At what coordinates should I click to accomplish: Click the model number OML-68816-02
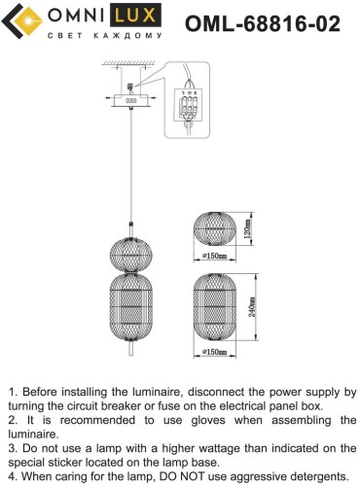[x=263, y=23]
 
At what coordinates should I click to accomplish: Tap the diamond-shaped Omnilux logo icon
[x=22, y=21]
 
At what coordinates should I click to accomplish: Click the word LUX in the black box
[x=135, y=16]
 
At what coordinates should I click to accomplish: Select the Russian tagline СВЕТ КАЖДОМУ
[x=104, y=36]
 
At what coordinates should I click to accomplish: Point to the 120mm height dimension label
[x=248, y=229]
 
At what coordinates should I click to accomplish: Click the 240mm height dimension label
[x=252, y=307]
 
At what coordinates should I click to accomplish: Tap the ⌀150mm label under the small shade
[x=214, y=256]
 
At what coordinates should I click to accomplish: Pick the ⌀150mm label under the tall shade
[x=214, y=352]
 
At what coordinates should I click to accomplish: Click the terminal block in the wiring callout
[x=189, y=106]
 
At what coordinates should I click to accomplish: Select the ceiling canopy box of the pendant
[x=131, y=100]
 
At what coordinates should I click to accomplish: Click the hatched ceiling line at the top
[x=128, y=62]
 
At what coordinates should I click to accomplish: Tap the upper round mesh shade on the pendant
[x=131, y=255]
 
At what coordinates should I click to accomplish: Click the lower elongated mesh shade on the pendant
[x=131, y=306]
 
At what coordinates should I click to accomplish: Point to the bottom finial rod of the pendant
[x=131, y=349]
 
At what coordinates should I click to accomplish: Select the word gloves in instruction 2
[x=208, y=420]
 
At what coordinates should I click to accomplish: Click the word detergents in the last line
[x=317, y=476]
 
